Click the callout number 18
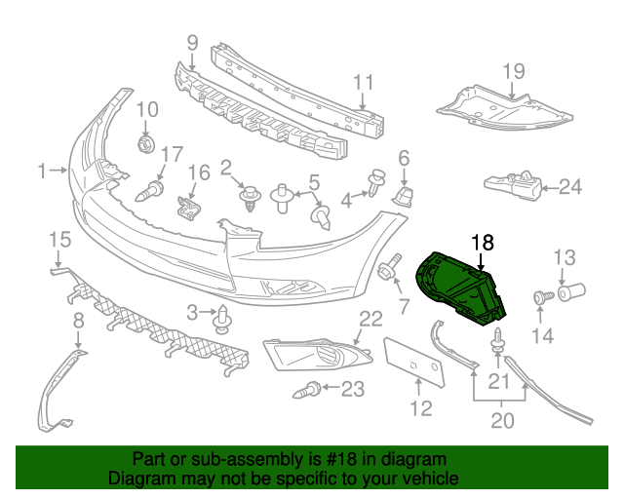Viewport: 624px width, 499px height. point(483,242)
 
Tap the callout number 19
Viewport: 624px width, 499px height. point(513,71)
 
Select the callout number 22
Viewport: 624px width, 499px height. point(370,318)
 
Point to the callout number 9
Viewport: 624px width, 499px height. point(191,42)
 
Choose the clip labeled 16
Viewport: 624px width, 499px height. point(187,206)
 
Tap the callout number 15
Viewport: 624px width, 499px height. point(59,239)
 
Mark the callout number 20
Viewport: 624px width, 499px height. point(500,420)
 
